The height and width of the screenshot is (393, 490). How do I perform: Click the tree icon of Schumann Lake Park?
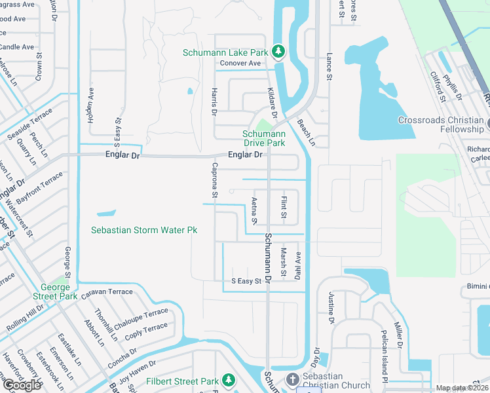coord(278,51)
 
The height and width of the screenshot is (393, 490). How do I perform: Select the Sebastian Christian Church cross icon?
coord(293,380)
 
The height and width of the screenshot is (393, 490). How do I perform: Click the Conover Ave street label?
coord(240,64)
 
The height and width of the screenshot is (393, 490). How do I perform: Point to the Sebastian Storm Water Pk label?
coord(144,231)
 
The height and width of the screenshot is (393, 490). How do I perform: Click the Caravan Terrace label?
coord(107,291)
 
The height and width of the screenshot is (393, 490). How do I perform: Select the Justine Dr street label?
coord(331,307)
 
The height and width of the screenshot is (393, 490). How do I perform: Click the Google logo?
coord(22,385)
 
